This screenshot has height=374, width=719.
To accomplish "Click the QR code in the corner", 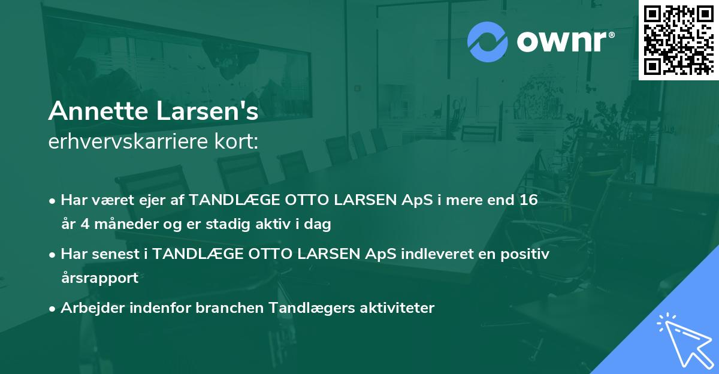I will point(679,40).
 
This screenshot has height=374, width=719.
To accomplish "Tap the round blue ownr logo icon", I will point(487,41).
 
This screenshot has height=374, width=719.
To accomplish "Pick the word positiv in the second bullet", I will point(524,254).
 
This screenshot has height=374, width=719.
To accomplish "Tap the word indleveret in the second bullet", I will point(396,254).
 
